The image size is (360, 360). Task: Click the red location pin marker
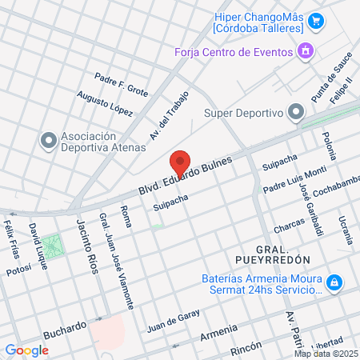click(x=181, y=162)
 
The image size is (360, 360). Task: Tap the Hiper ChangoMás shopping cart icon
click(x=316, y=21)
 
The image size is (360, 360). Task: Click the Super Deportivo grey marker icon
click(x=296, y=111)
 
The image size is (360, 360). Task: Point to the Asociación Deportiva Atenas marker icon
click(x=48, y=140)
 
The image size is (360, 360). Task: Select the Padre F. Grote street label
click(x=122, y=85)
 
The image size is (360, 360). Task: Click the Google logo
click(x=26, y=350)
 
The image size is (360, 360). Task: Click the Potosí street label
click(x=18, y=271)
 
